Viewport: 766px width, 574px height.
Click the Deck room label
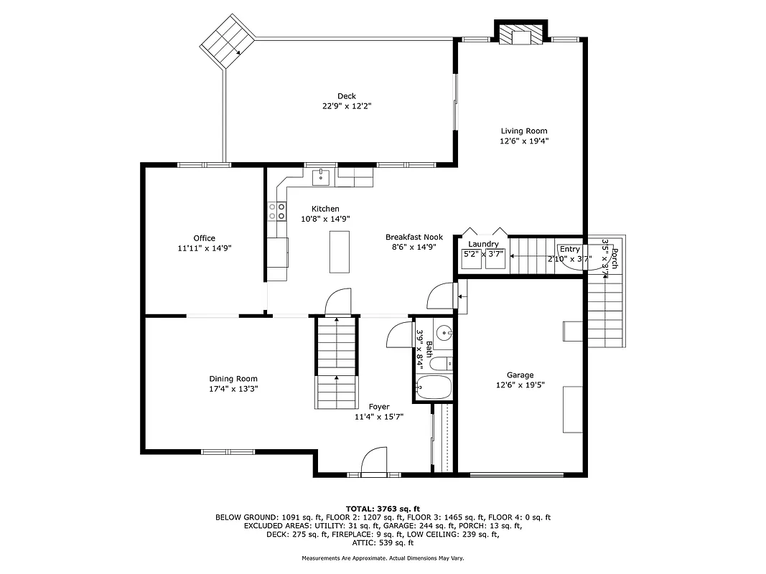click(x=347, y=96)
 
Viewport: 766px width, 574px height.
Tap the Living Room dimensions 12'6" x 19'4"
click(x=524, y=141)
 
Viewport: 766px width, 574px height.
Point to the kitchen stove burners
click(x=276, y=211)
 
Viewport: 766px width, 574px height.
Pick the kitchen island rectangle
click(x=340, y=251)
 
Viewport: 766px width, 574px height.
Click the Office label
click(x=204, y=238)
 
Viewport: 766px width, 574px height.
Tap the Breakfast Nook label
click(x=414, y=237)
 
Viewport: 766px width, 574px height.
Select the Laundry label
click(x=483, y=244)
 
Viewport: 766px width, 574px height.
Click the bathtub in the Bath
click(x=434, y=388)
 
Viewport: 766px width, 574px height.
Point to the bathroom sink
click(x=445, y=333)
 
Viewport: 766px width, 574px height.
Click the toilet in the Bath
click(x=445, y=362)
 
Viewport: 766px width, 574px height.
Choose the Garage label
click(x=520, y=375)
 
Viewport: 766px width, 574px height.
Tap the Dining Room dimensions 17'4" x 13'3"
click(x=233, y=389)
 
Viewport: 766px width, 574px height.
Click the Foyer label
click(x=379, y=407)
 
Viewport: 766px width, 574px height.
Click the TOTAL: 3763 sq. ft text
click(x=383, y=508)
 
